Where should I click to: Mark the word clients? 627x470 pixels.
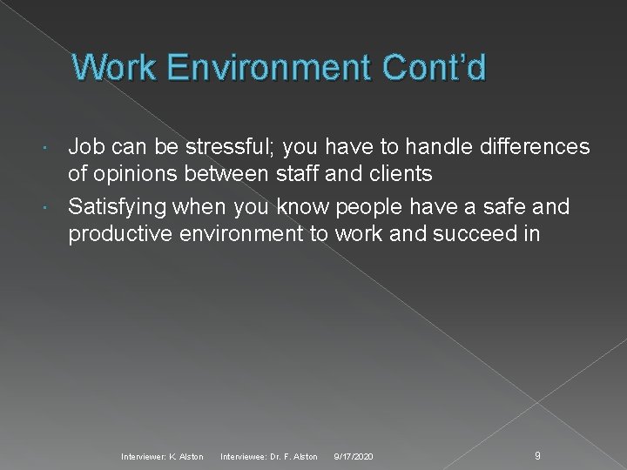tap(400, 174)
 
